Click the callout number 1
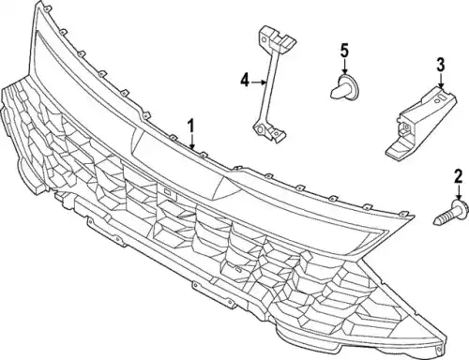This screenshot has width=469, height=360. tap(191, 127)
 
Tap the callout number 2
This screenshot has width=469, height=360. tap(458, 176)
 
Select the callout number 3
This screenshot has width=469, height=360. tap(440, 65)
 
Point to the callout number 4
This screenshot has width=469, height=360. tap(245, 81)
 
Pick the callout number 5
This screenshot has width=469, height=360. tap(344, 52)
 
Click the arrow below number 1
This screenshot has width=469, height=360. tap(191, 142)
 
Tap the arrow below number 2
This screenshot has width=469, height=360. tap(459, 192)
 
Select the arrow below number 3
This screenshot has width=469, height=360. tap(441, 81)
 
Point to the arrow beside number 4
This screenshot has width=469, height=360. tap(258, 82)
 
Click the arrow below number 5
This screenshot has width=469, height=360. tap(344, 67)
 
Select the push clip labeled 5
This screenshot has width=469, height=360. tap(345, 85)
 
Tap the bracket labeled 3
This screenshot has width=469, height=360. tap(421, 124)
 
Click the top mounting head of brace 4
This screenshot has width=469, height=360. tap(277, 39)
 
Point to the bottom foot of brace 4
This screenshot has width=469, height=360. tap(269, 131)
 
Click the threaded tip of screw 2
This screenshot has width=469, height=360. tap(437, 221)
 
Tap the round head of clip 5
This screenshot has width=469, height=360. tap(351, 84)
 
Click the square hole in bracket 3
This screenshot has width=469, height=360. tap(407, 127)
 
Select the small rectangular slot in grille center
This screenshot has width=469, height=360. tap(168, 192)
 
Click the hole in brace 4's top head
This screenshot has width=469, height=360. tap(265, 39)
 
